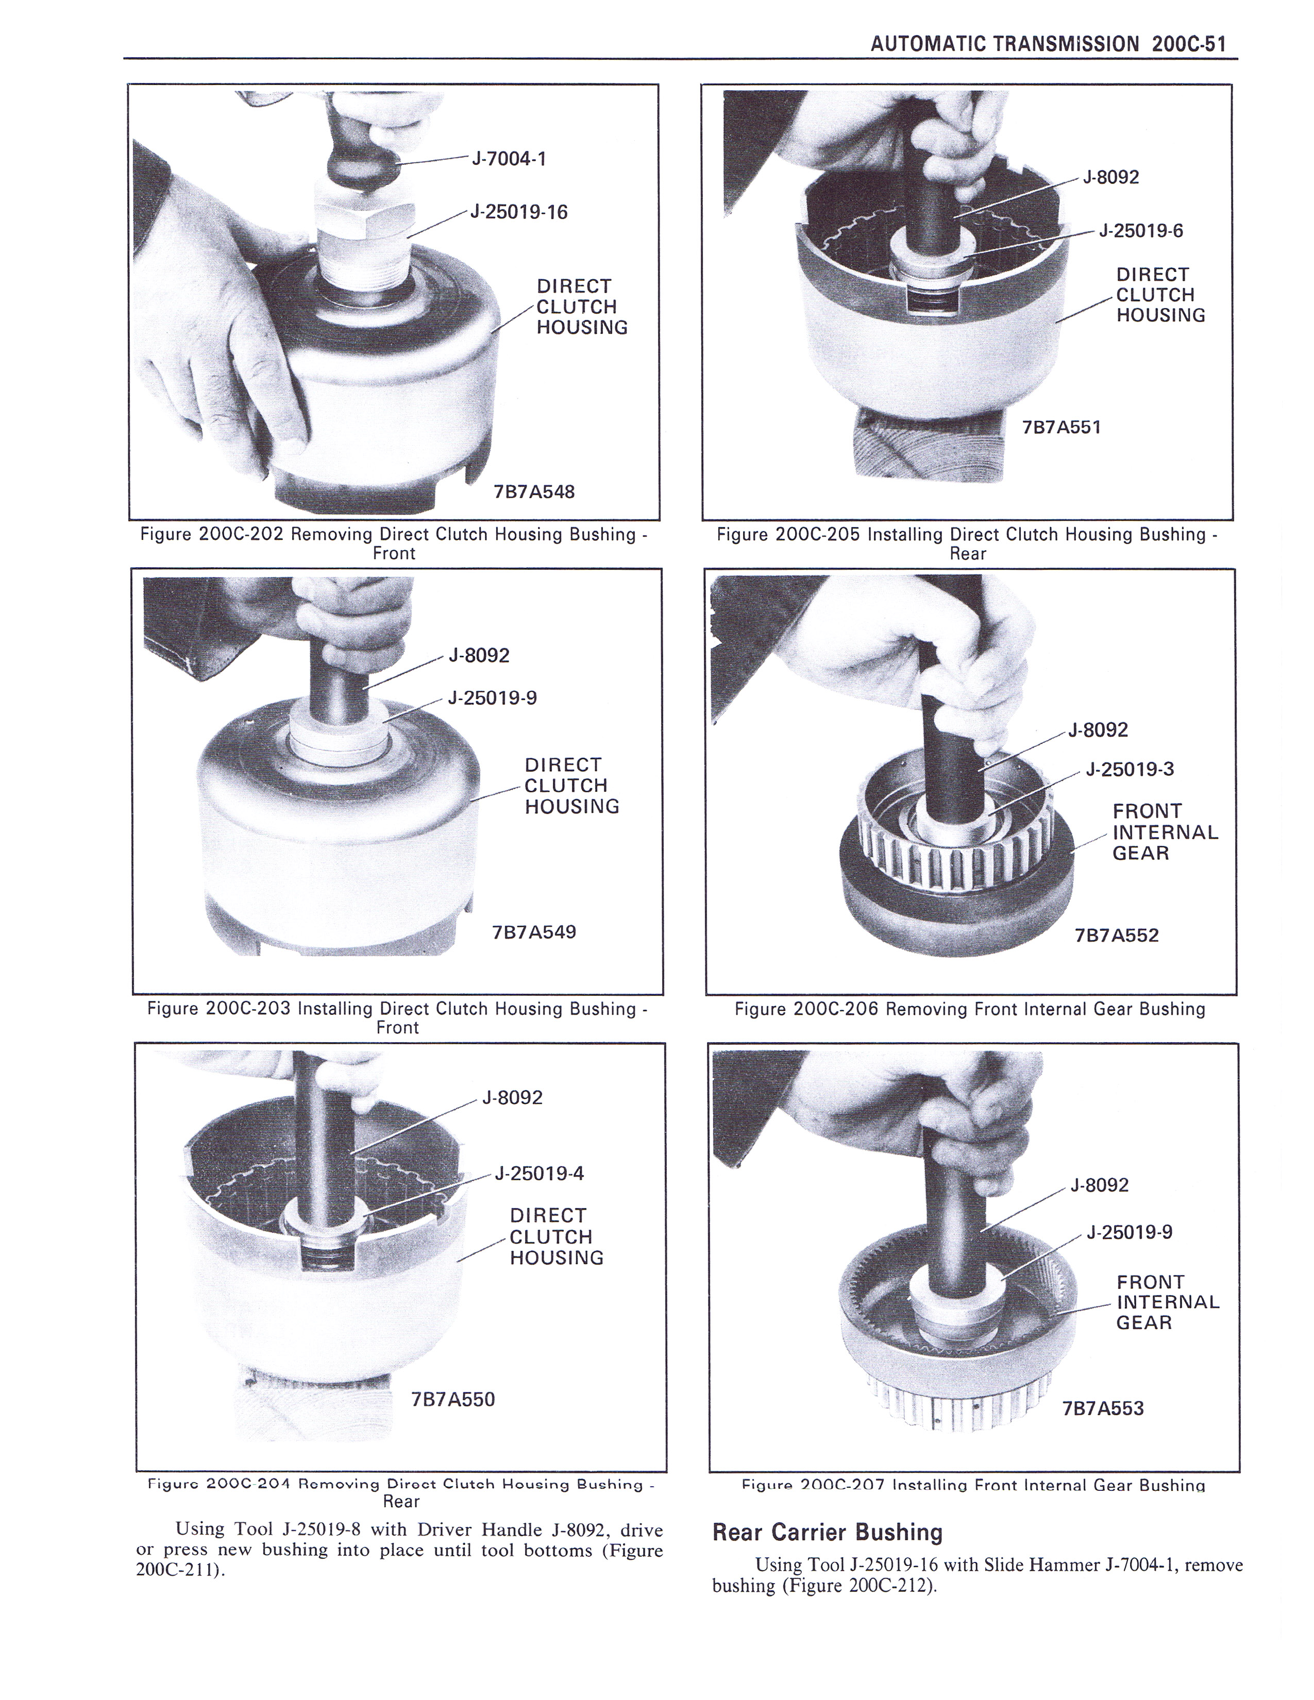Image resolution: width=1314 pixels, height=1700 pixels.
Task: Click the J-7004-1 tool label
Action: [x=509, y=159]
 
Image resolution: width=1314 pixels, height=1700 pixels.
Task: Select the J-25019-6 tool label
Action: [x=1141, y=230]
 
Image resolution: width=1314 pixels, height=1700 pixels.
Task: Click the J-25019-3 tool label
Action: [x=1130, y=769]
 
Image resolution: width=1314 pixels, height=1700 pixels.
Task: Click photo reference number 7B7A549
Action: [x=534, y=932]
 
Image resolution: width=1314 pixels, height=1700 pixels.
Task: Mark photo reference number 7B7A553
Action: [x=1103, y=1408]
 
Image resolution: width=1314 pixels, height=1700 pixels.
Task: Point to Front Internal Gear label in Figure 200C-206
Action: [x=1165, y=832]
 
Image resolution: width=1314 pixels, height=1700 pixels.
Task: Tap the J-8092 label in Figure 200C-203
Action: [x=479, y=655]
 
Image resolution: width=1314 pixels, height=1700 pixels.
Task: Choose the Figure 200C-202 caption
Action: [x=394, y=543]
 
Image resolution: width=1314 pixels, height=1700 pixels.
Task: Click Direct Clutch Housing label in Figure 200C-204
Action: [x=557, y=1236]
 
